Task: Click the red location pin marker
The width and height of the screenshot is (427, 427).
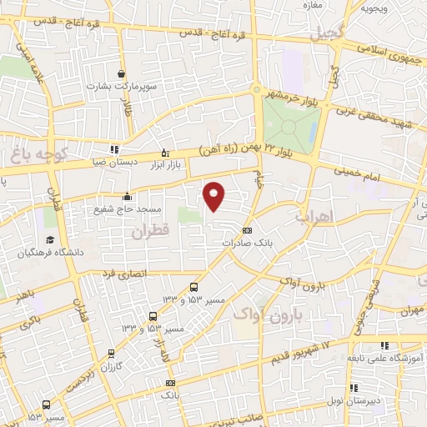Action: click(x=214, y=195)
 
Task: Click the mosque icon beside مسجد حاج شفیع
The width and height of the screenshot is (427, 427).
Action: click(x=127, y=197)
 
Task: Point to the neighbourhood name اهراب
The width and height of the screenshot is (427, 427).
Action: click(x=314, y=214)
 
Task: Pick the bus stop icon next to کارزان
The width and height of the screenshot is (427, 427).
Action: click(x=111, y=353)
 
